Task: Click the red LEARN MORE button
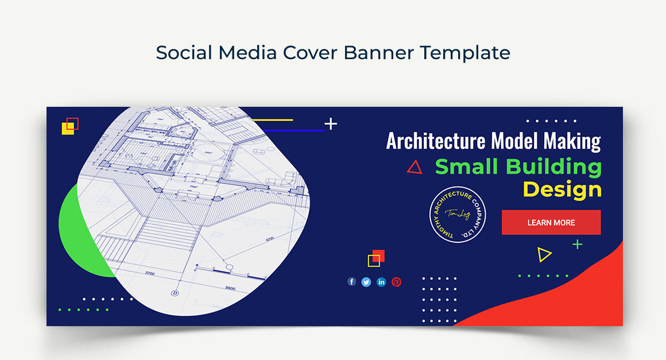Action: point(551,222)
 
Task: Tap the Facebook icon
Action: point(352,282)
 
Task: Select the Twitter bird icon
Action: point(366,282)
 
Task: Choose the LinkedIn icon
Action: point(381,282)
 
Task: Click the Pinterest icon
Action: point(396,282)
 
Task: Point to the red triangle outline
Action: point(415,167)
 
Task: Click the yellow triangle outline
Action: point(544,254)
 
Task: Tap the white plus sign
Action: point(331,123)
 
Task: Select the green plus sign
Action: point(577,245)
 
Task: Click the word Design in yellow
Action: point(562,189)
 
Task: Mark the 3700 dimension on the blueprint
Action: point(149,273)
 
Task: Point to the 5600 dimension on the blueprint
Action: point(230,288)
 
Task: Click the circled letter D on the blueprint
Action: point(175,293)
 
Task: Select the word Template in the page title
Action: point(464,53)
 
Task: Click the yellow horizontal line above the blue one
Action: point(273,120)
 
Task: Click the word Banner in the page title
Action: point(379,53)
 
